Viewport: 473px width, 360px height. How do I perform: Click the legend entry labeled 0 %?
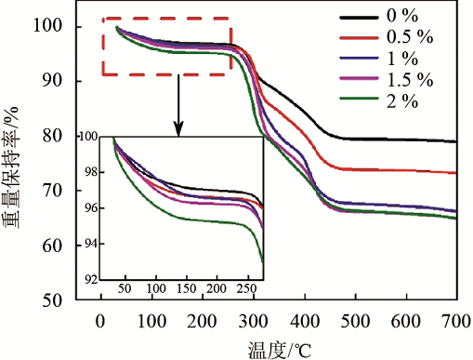coord(402,16)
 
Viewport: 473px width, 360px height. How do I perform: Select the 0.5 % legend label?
coord(410,37)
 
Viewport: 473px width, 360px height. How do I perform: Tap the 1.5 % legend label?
coord(410,80)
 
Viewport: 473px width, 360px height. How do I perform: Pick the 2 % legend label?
coord(402,101)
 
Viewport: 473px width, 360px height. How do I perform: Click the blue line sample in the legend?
coord(359,59)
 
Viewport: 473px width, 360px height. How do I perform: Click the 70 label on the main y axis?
coord(53,191)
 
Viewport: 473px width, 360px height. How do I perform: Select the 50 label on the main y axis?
coord(53,300)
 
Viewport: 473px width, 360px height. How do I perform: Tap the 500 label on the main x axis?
coord(355,321)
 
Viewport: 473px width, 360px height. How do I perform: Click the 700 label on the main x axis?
coord(457,321)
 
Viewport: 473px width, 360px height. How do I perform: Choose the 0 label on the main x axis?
coord(100,321)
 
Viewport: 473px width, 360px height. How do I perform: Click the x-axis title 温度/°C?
coord(280,350)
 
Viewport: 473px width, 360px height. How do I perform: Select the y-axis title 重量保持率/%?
coord(11,167)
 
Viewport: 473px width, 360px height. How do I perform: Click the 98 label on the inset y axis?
coord(91,172)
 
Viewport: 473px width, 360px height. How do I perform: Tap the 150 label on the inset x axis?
coord(187,288)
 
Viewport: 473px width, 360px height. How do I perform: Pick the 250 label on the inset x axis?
coord(246,288)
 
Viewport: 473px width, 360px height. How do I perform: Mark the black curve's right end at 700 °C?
coord(455,141)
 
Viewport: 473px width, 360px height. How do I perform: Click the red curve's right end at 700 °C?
coord(455,173)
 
